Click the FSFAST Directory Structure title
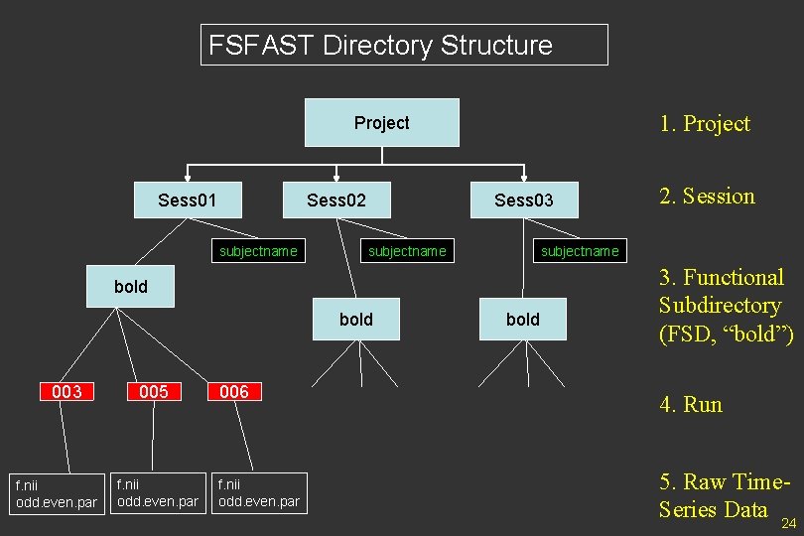(403, 45)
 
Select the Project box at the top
(382, 123)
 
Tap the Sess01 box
(187, 201)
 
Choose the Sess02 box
(335, 201)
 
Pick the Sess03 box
(523, 201)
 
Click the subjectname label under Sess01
(258, 251)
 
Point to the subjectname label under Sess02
(407, 251)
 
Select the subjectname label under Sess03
(580, 251)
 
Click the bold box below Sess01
(130, 287)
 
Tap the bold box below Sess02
(355, 319)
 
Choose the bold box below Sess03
(523, 319)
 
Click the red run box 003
(67, 392)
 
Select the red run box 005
(153, 392)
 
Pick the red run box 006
(234, 392)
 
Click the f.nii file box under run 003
(56, 493)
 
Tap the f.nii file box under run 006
(258, 493)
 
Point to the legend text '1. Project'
(705, 124)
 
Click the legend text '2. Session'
(707, 197)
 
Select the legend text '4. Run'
(691, 405)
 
